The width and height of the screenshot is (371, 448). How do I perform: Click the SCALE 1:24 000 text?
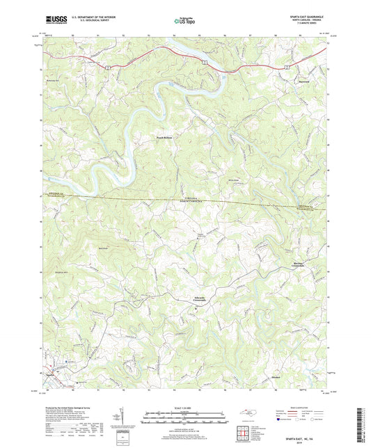click(x=185, y=408)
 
